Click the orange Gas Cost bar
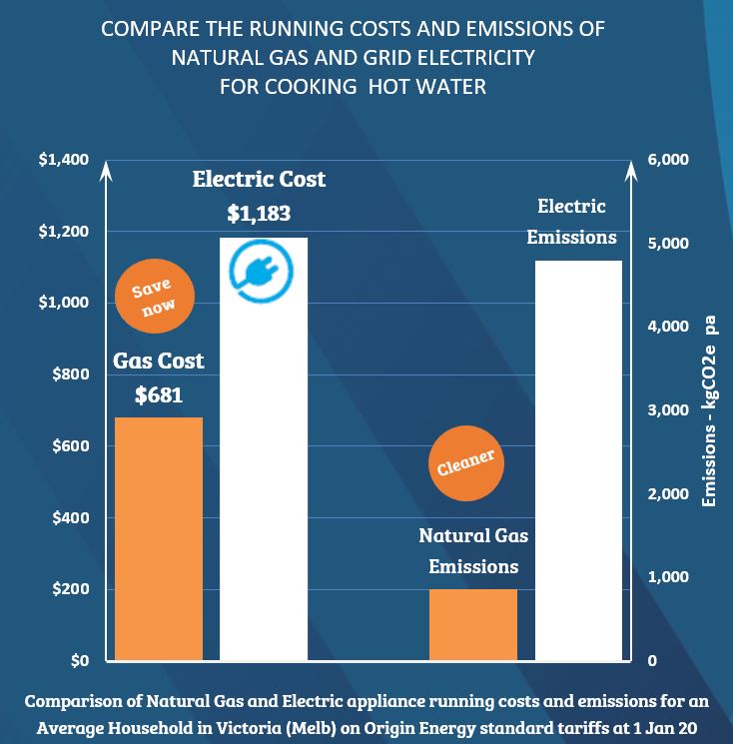[x=159, y=539]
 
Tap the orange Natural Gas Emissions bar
[x=473, y=625]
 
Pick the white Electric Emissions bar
[x=578, y=459]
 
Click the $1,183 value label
[x=259, y=214]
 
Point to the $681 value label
[x=159, y=394]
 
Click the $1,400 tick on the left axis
[x=63, y=160]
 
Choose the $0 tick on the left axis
[x=77, y=661]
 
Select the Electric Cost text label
[x=259, y=181]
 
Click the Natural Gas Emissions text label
[x=473, y=551]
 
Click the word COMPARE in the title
[x=146, y=29]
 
